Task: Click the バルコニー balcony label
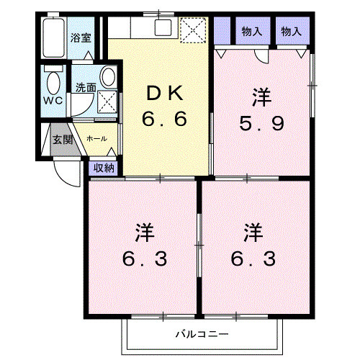pyautogui.click(x=202, y=335)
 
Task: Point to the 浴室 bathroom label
pyautogui.click(x=80, y=38)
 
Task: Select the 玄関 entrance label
pyautogui.click(x=61, y=139)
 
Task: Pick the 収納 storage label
pyautogui.click(x=104, y=168)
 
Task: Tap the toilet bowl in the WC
pyautogui.click(x=53, y=79)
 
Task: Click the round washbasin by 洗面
pyautogui.click(x=109, y=76)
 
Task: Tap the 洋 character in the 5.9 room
pyautogui.click(x=261, y=96)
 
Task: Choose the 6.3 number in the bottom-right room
pyautogui.click(x=253, y=258)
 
